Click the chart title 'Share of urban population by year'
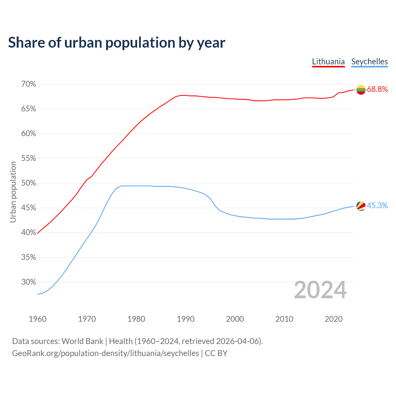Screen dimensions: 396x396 coord(117,43)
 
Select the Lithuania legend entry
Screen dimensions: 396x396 coord(328,62)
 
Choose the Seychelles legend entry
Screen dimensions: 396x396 coord(369,62)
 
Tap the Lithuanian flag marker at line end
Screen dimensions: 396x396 coord(361,90)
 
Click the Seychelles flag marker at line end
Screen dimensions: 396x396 coord(361,206)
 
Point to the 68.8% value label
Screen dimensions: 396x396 coord(377,89)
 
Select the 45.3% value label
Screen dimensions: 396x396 coord(377,206)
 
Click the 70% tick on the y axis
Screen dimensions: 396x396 coord(29,84)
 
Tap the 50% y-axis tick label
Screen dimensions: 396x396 coord(29,183)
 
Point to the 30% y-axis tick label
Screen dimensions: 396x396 coord(29,282)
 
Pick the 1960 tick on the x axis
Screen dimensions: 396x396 coord(37,319)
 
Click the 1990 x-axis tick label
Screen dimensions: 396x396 coord(186,319)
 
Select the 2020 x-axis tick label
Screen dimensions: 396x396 coord(334,319)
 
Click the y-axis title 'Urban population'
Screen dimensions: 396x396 coord(13,192)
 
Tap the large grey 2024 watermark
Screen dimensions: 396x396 coord(320,290)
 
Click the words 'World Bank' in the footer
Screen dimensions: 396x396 coord(82,341)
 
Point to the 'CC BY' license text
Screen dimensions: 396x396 coord(216,353)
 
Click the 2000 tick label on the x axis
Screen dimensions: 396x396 coord(235,319)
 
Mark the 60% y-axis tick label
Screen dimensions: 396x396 coord(29,134)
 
